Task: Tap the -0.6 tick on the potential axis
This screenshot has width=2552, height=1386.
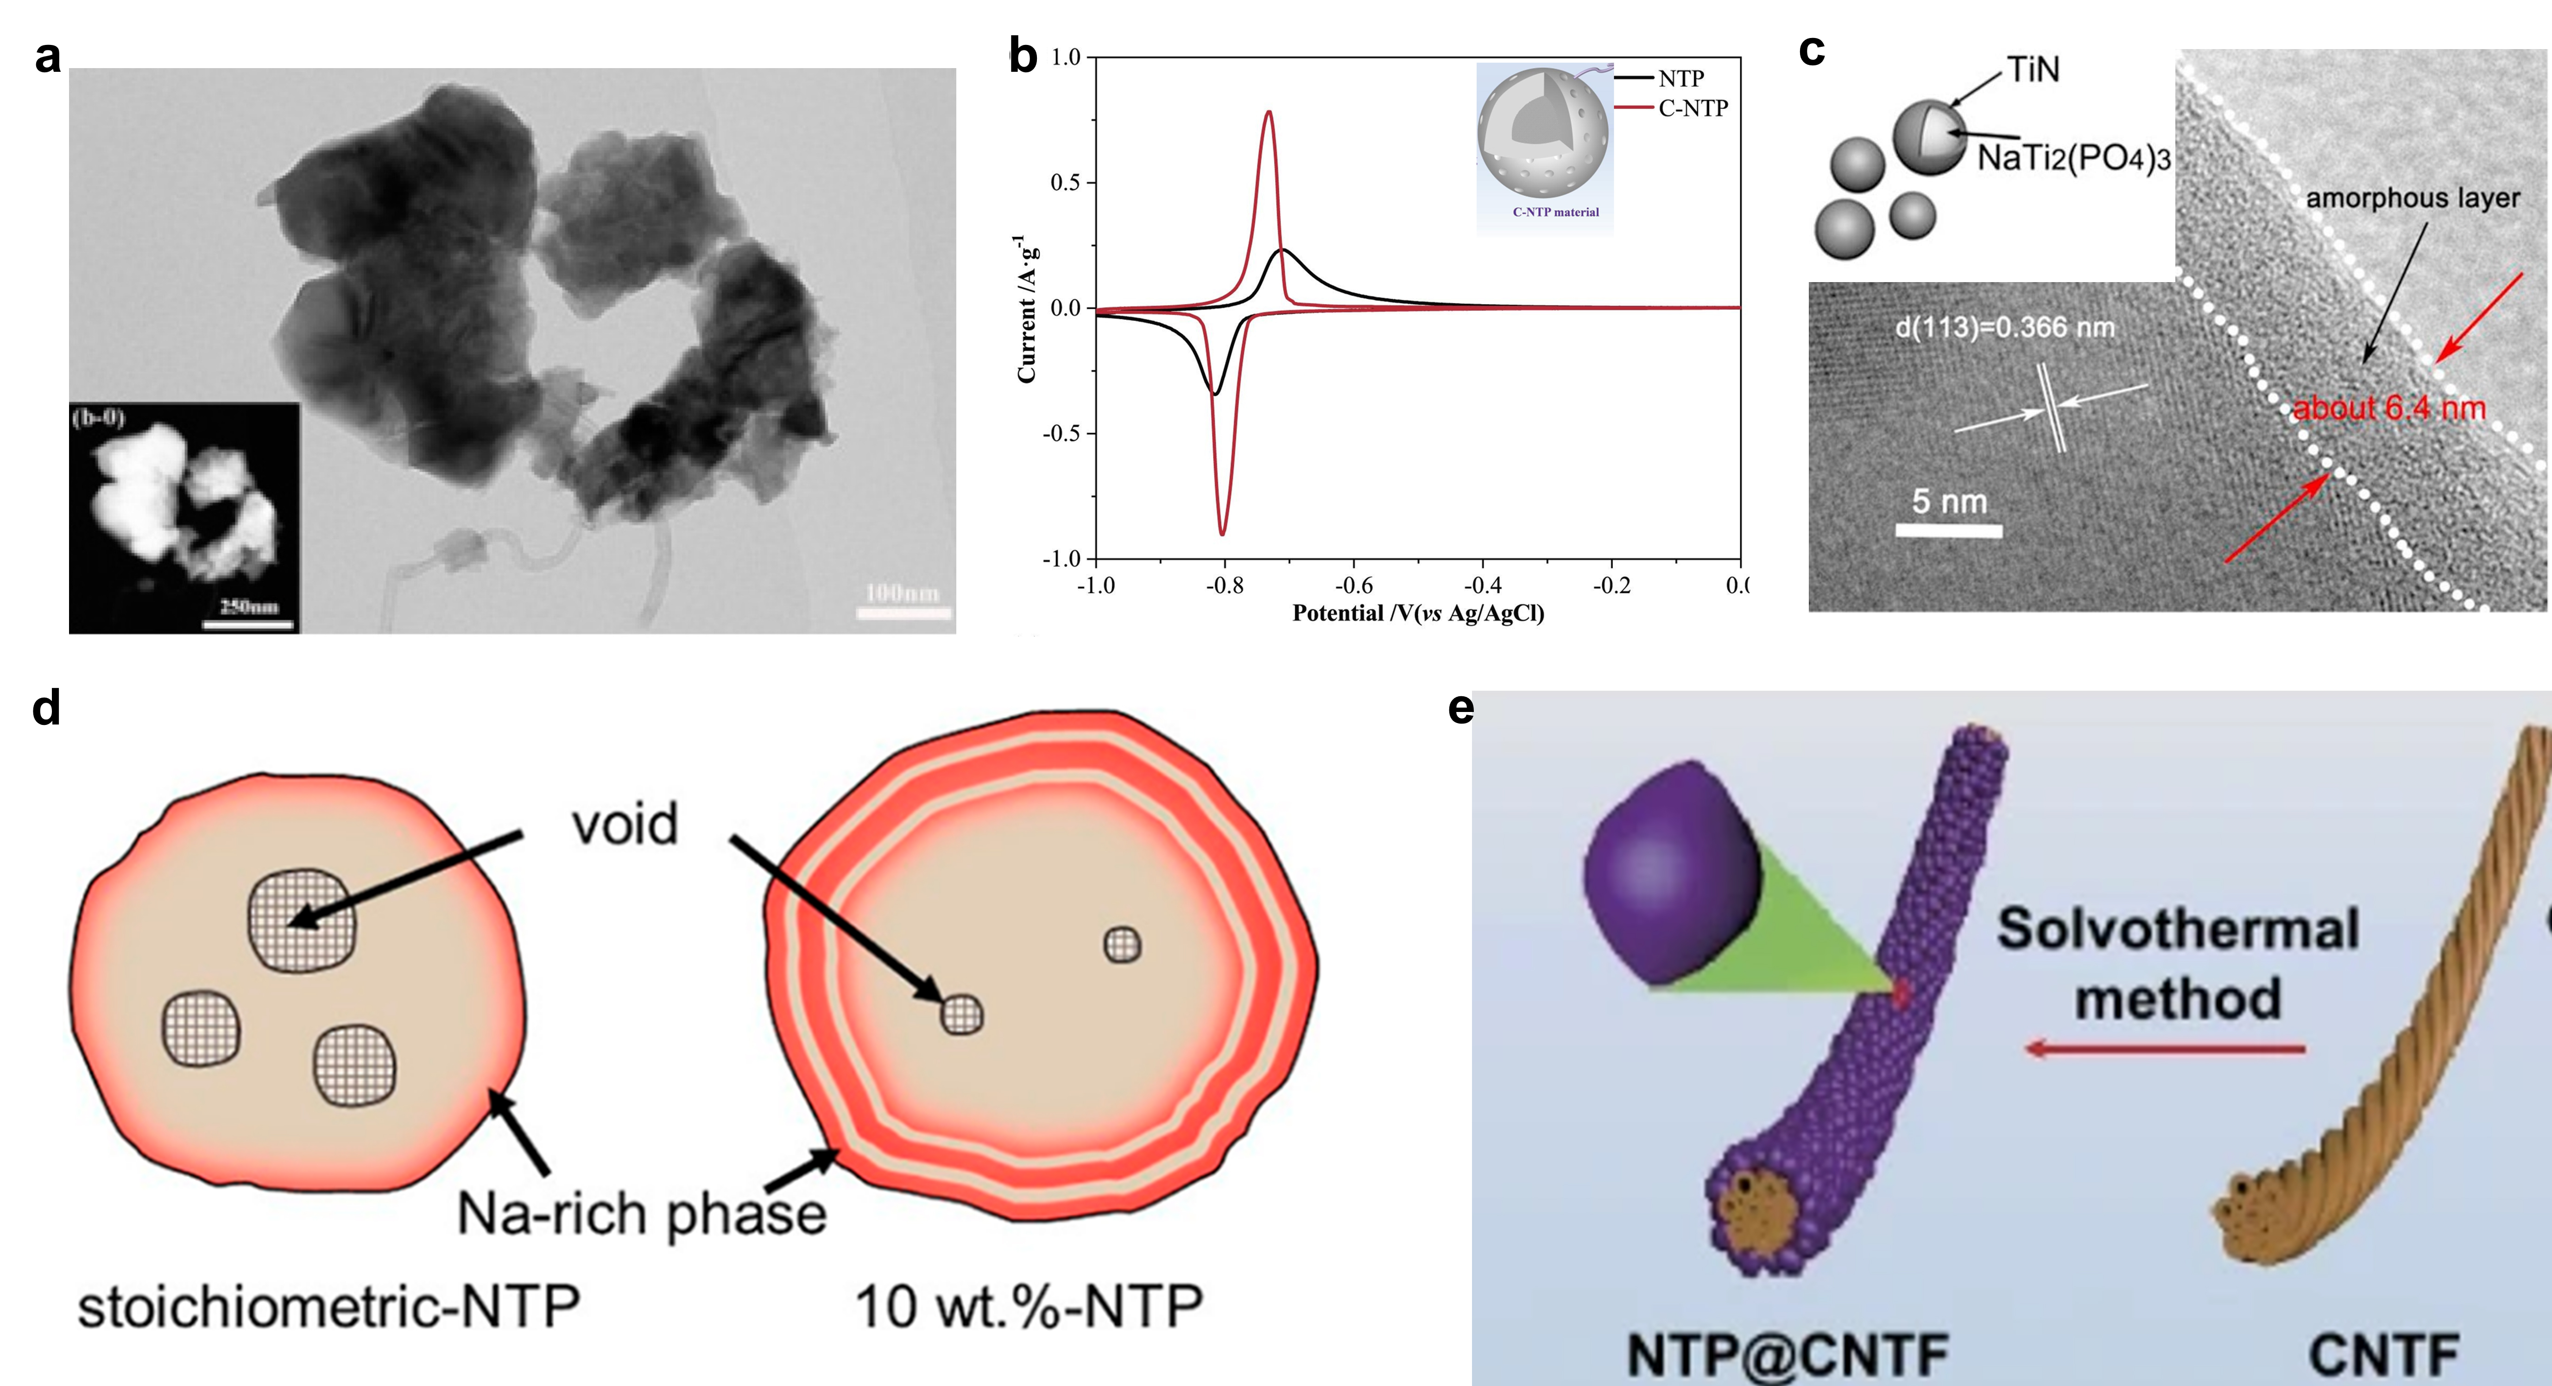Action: (x=1353, y=586)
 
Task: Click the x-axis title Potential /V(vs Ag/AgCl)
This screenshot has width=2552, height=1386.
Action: (x=1418, y=613)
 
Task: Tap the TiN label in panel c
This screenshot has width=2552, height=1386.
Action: (x=2033, y=69)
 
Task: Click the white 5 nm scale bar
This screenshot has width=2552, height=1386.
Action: (x=1948, y=531)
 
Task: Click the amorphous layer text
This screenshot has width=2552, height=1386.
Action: (x=2413, y=198)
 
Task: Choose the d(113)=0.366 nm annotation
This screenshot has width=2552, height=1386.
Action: (x=2004, y=327)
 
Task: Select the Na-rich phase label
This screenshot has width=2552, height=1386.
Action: (x=641, y=1214)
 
